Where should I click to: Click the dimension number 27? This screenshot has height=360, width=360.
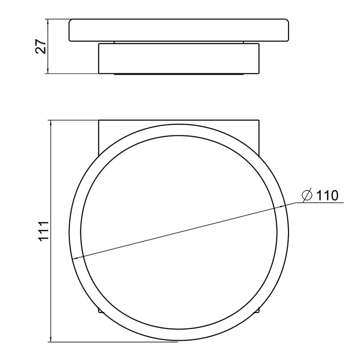coord(41,46)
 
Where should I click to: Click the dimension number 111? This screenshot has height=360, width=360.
coord(43,231)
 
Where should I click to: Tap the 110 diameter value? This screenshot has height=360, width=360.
coord(327,196)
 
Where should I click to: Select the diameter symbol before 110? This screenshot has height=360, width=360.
coord(307,195)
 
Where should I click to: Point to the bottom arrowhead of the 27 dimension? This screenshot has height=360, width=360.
coord(48,71)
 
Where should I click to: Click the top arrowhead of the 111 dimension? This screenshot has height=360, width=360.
coord(51,123)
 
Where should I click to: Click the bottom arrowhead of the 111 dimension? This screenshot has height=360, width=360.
coord(51,339)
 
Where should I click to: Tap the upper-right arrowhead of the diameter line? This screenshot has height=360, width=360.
coord(281,207)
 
